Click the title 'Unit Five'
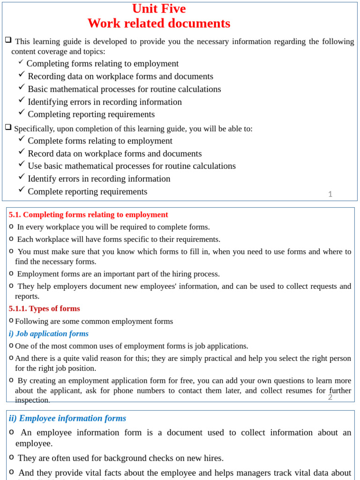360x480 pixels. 159,9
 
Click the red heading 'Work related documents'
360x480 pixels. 159,23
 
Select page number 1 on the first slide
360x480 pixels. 330,194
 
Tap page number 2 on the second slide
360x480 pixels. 330,397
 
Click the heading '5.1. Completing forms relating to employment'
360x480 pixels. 88,215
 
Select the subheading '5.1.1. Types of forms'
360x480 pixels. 44,308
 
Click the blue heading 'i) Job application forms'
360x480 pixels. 48,334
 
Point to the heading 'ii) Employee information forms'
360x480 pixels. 67,419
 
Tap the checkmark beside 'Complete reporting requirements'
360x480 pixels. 22,189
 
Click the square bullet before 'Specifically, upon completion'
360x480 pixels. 8,127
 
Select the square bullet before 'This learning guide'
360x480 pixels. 8,40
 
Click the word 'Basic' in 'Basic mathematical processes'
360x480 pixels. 38,89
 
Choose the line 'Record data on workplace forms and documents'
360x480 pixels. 114,154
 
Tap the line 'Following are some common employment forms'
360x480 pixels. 94,322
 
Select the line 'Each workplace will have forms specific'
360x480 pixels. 119,240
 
